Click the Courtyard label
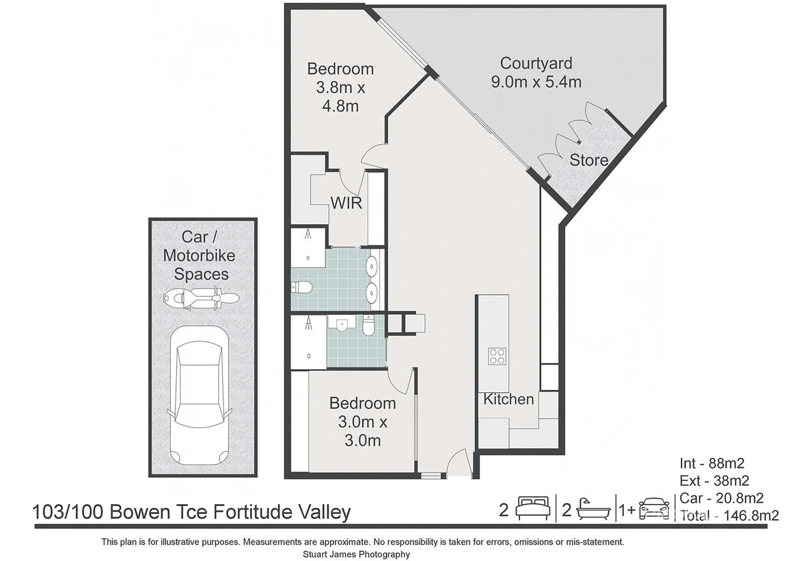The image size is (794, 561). (x=536, y=64)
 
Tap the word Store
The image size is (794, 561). (x=589, y=160)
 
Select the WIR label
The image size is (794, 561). (x=347, y=202)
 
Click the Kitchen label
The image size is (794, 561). (x=508, y=399)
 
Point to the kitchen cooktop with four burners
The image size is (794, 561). (x=497, y=357)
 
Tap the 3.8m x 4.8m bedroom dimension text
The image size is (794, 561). (x=341, y=96)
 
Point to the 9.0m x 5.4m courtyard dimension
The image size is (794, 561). (x=536, y=82)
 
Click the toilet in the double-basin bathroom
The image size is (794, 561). (x=302, y=286)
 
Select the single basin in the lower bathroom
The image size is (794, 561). (x=342, y=325)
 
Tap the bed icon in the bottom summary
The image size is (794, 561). (x=533, y=509)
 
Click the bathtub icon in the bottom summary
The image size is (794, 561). (x=593, y=509)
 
